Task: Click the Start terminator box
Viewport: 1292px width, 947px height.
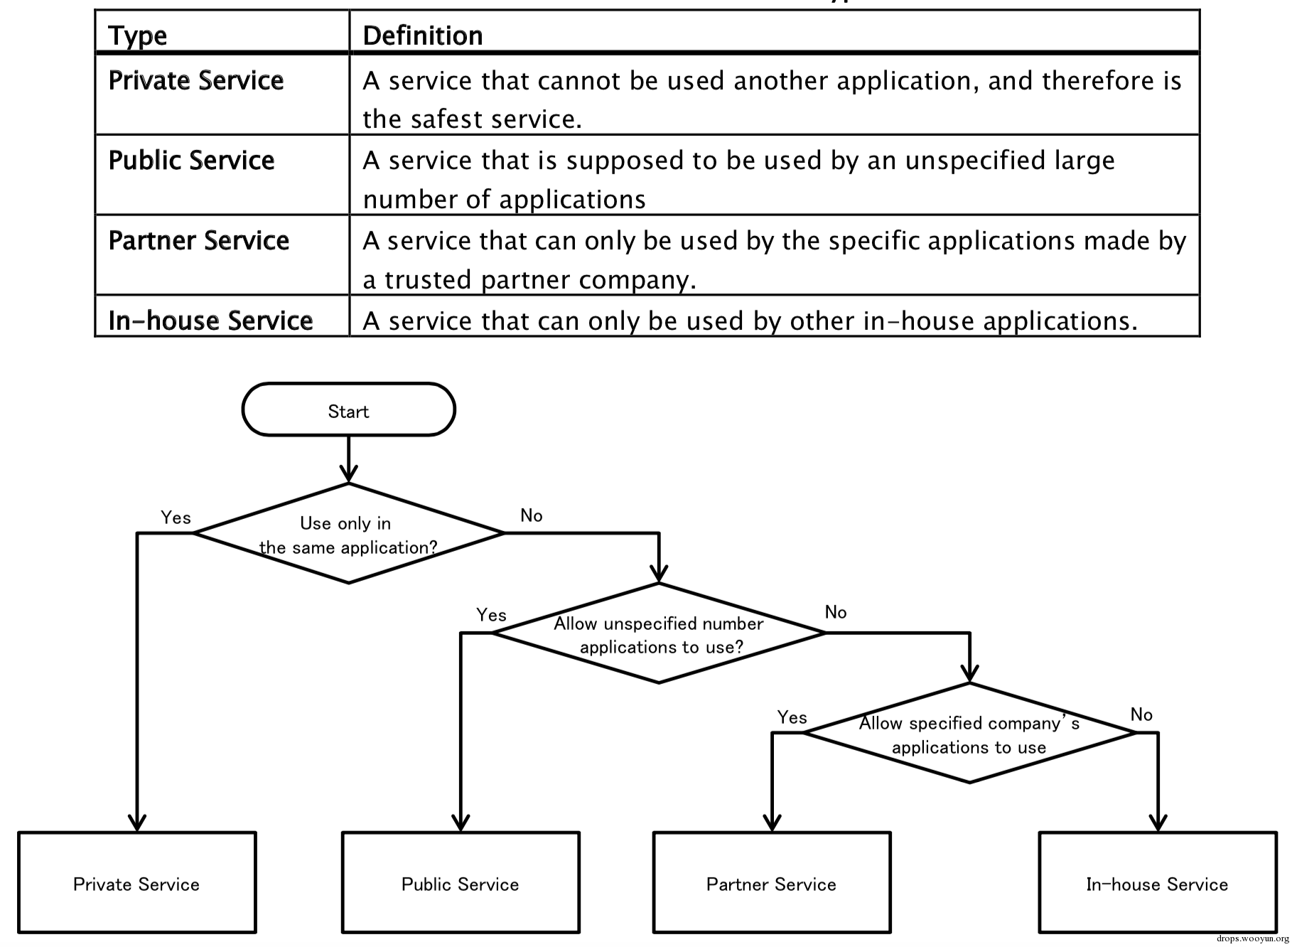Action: coord(348,410)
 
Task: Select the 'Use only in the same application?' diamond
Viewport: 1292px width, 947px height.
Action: coord(348,533)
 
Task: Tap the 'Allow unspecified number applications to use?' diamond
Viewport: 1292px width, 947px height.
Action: coord(659,633)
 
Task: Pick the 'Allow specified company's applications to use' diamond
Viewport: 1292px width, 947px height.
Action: coord(969,733)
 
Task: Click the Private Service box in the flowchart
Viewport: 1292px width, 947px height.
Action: coord(136,882)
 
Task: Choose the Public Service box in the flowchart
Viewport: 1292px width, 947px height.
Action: coord(461,882)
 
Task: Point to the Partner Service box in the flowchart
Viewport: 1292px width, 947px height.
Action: coord(772,882)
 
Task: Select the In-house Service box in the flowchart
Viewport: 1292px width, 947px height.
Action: coord(1158,882)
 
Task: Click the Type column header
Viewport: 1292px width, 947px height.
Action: coord(138,36)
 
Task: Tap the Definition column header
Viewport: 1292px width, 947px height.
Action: coord(423,36)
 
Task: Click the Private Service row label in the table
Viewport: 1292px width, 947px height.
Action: coord(196,80)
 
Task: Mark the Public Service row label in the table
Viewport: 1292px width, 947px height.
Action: coord(191,160)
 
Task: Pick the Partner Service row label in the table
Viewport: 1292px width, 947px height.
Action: coord(199,240)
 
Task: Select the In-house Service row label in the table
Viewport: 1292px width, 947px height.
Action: coord(210,321)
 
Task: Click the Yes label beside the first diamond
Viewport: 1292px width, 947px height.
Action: coord(176,518)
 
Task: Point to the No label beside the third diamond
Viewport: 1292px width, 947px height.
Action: coord(1141,715)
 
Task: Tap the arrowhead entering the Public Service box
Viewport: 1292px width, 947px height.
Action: coord(461,823)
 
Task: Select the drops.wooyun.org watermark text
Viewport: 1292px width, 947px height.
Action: coord(1253,939)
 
